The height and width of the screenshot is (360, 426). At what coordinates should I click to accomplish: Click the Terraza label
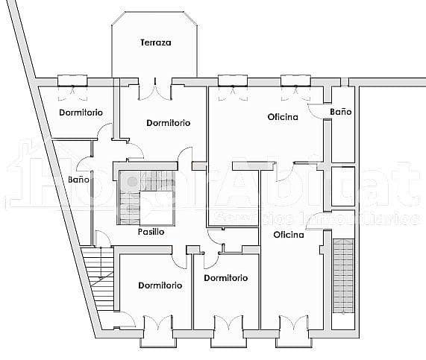pyautogui.click(x=156, y=42)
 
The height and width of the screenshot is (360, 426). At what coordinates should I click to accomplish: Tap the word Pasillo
pyautogui.click(x=151, y=232)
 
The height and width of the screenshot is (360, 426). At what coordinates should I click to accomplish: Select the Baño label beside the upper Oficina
pyautogui.click(x=341, y=112)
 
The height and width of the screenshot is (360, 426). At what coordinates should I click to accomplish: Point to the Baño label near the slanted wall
pyautogui.click(x=78, y=180)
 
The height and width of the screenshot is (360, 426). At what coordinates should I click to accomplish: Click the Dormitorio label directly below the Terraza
pyautogui.click(x=168, y=123)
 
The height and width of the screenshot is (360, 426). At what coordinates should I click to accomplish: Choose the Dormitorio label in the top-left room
pyautogui.click(x=81, y=113)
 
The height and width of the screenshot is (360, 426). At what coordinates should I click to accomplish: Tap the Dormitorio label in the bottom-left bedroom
pyautogui.click(x=160, y=285)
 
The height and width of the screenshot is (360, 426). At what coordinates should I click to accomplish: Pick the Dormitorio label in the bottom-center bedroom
pyautogui.click(x=225, y=278)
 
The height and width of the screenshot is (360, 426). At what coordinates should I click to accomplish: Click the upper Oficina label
pyautogui.click(x=284, y=117)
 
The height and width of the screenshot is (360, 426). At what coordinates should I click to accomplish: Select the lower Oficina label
pyautogui.click(x=289, y=235)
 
